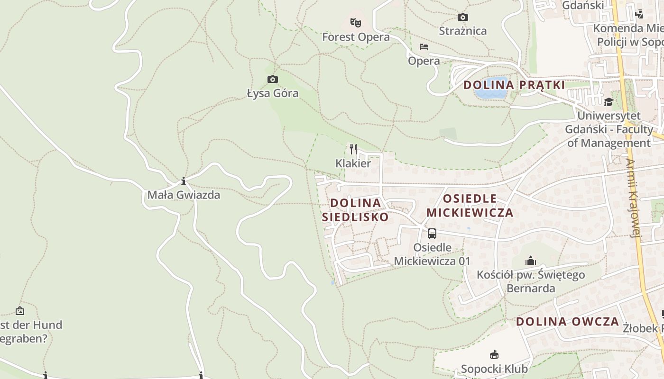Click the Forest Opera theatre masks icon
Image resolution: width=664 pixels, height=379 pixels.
pos(356,22)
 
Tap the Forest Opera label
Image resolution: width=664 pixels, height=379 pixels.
pos(356,37)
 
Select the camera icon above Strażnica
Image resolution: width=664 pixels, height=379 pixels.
pos(462,18)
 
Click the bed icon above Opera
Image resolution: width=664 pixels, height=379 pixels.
pos(424,47)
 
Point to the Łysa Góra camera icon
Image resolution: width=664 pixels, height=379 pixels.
pos(272,79)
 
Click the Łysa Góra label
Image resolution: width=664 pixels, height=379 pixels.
pos(273,93)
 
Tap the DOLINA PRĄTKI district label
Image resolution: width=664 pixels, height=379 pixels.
pos(514,85)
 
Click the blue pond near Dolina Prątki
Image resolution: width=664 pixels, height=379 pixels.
pos(490,88)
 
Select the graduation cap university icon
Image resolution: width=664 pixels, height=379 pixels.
pos(609,102)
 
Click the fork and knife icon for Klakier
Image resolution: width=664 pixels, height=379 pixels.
pos(353,150)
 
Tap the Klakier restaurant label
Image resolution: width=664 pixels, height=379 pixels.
pos(353,163)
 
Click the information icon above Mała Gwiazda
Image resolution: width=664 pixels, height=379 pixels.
pos(184,181)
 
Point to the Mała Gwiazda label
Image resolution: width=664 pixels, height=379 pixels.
pos(184,195)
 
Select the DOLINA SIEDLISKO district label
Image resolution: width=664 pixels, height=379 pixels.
pos(355,210)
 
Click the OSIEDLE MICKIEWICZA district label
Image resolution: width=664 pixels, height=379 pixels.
pos(470,206)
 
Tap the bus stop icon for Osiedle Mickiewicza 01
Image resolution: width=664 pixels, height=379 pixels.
pos(432,234)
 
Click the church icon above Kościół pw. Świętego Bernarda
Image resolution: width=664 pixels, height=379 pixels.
pos(530,261)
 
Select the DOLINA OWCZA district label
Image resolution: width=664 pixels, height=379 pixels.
pos(567,322)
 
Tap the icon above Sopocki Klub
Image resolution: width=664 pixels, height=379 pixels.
pos(494,354)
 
